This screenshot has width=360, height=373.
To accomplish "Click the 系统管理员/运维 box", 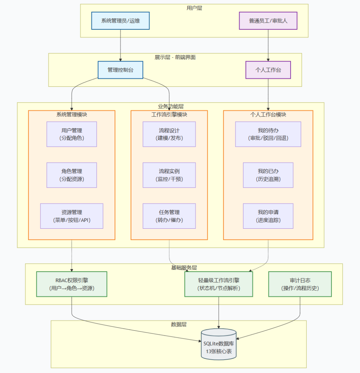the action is (x=120, y=21).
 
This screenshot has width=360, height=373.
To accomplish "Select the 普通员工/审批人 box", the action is (x=268, y=21).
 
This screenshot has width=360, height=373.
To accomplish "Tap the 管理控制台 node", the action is (x=120, y=70).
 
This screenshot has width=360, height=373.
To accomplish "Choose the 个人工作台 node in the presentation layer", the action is (x=268, y=70).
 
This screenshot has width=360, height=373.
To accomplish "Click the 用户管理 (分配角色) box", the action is (x=72, y=134).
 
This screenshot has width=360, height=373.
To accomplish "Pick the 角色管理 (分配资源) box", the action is (x=72, y=175).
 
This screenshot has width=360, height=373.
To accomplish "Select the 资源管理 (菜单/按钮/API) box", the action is (x=72, y=216).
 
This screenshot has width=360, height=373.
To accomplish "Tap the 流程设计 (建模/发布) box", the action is (x=169, y=134).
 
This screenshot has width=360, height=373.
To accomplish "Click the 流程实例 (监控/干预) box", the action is (x=169, y=175).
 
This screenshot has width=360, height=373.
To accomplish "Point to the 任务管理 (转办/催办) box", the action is (x=169, y=216).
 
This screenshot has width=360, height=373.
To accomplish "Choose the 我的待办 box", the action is (x=268, y=134).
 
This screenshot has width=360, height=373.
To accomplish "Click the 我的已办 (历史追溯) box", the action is (x=268, y=175).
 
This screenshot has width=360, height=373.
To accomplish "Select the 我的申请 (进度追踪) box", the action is (x=268, y=216).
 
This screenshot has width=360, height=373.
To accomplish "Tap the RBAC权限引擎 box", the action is (x=72, y=284).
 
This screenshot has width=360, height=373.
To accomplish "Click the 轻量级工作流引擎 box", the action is (x=219, y=284).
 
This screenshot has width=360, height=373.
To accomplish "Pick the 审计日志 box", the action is (x=300, y=284).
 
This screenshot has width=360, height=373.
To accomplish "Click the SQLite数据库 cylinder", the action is (x=219, y=344).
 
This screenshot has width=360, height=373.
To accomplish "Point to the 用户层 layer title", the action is (x=194, y=8).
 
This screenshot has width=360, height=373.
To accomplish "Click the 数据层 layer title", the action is (x=179, y=324).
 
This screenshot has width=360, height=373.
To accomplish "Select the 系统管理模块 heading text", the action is (x=72, y=114).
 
